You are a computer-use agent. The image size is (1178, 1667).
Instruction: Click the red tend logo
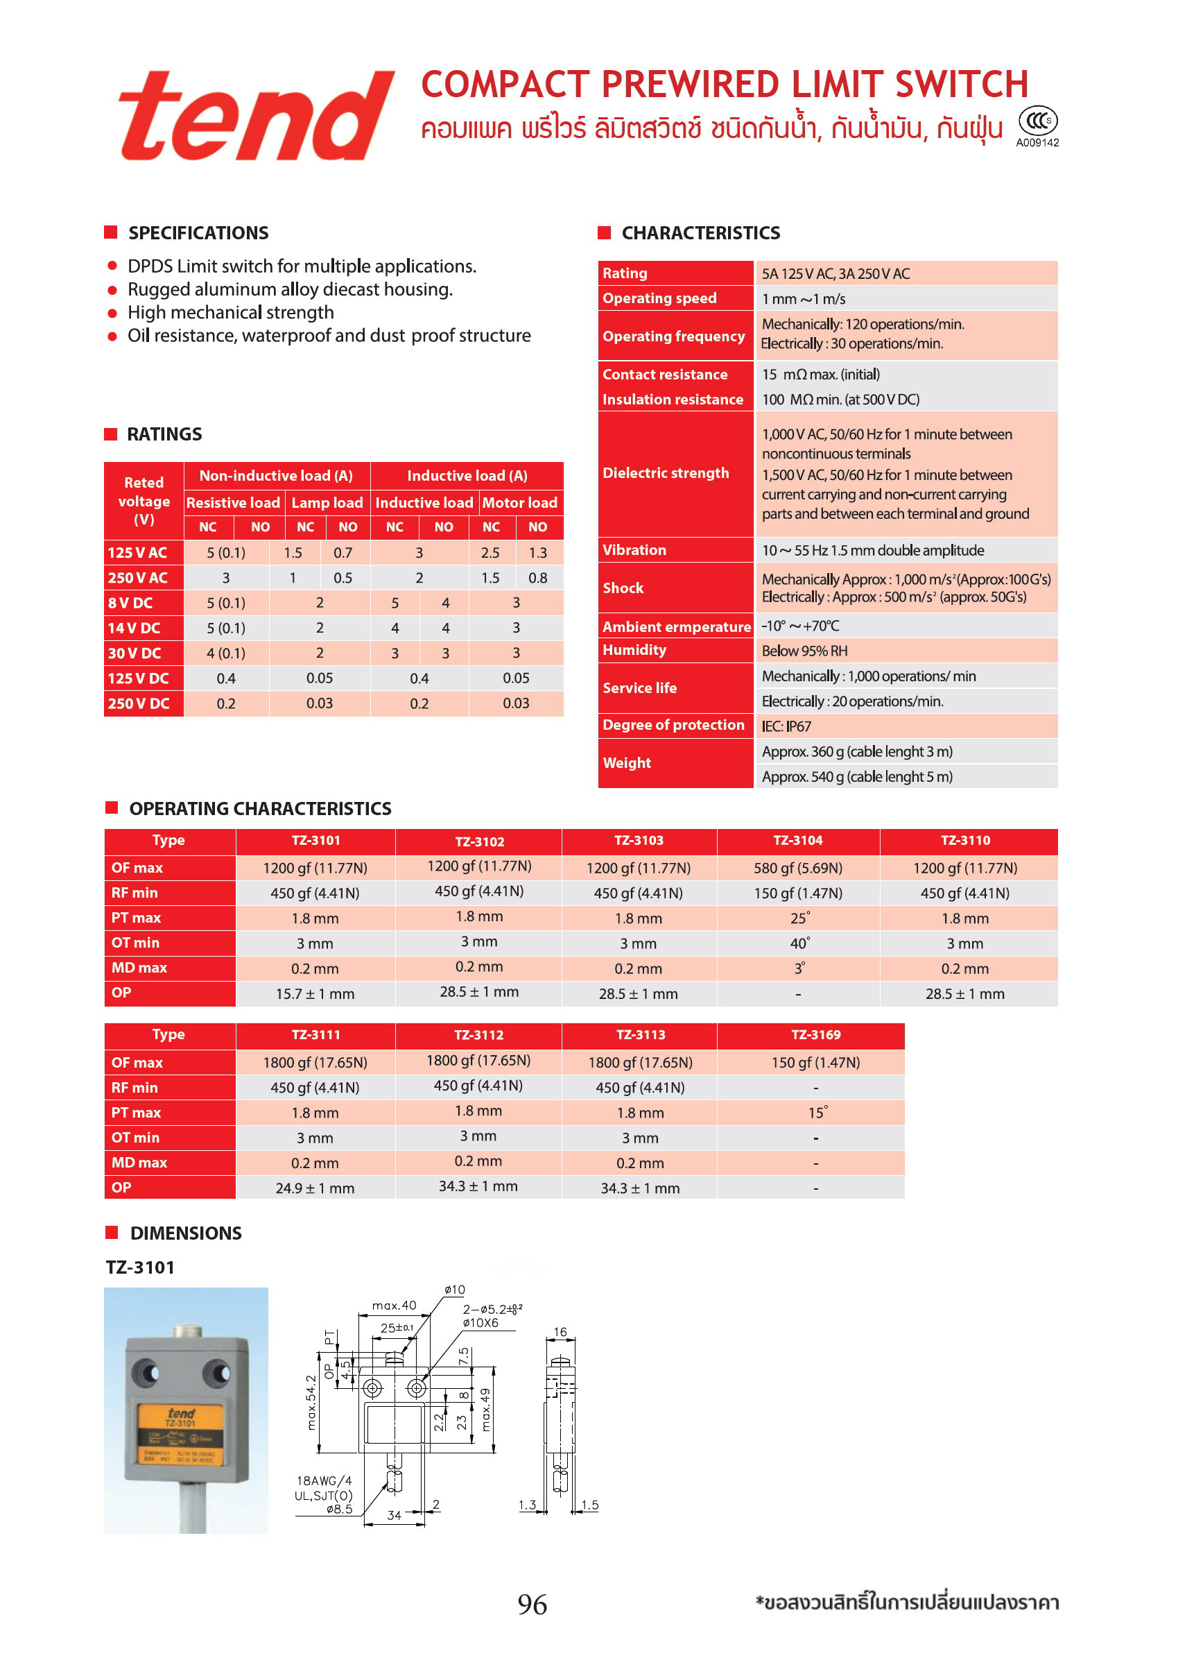255,116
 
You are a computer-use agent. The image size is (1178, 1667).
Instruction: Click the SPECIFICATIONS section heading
198,233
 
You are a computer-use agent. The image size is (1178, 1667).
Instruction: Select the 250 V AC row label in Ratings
138,578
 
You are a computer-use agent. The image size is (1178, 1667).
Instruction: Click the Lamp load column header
327,502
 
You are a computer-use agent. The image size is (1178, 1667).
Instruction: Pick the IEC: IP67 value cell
786,726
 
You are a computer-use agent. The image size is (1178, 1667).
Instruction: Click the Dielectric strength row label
666,472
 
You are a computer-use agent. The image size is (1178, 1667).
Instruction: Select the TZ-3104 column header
797,841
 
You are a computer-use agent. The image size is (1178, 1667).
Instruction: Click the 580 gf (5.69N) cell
797,869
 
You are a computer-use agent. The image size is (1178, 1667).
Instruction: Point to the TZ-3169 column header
815,1034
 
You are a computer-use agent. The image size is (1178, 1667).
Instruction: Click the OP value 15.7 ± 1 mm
315,994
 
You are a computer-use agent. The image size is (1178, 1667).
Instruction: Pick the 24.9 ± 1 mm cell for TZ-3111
315,1188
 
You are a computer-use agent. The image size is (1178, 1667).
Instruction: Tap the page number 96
532,1605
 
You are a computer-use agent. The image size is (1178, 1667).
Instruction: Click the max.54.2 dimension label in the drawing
311,1402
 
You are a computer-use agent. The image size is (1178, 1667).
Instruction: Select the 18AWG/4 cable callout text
324,1480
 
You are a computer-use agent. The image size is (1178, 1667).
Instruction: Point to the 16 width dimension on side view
560,1331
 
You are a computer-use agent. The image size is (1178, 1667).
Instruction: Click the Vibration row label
634,549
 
